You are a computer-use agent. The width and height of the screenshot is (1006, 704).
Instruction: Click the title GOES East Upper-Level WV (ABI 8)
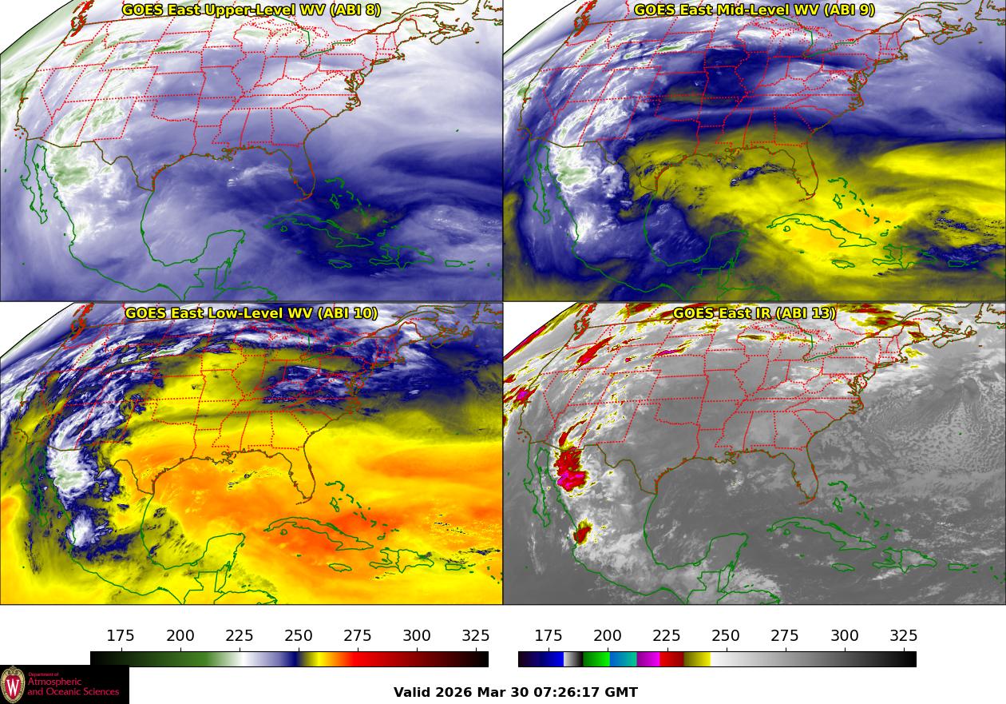[252, 10]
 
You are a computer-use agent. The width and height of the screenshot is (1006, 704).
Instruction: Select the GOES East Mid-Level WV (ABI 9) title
[754, 10]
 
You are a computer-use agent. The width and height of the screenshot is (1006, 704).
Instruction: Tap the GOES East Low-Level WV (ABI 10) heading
[252, 313]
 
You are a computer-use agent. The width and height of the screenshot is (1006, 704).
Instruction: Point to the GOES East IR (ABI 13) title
[754, 313]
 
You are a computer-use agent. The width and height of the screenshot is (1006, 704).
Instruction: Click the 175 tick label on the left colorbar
[121, 636]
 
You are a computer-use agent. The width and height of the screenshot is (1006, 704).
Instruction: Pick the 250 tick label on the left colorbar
[299, 636]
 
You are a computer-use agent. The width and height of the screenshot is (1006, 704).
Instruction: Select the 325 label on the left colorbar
[476, 636]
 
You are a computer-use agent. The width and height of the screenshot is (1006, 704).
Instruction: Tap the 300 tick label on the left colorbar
[417, 636]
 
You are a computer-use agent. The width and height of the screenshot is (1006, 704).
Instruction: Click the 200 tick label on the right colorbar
[608, 636]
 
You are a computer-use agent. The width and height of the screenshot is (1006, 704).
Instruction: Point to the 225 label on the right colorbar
[667, 636]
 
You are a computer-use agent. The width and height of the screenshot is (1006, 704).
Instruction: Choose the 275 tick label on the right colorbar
[785, 636]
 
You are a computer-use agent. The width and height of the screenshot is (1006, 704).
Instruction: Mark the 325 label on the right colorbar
[903, 636]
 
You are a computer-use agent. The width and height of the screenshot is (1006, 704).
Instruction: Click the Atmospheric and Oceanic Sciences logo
[64, 685]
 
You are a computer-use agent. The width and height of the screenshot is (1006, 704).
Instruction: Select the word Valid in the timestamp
[413, 693]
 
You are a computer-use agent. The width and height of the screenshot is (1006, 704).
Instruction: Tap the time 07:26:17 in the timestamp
[572, 693]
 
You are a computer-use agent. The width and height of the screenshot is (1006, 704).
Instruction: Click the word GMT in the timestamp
[622, 693]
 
